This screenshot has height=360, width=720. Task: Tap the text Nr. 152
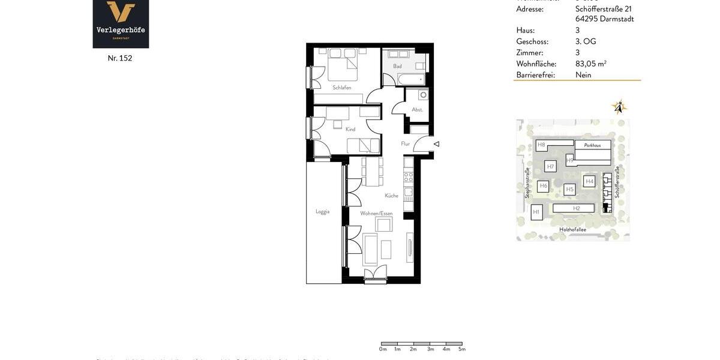120,58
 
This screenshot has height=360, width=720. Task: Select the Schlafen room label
342,88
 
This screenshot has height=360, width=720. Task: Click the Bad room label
397,67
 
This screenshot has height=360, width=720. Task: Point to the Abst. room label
417,110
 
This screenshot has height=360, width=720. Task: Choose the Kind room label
350,130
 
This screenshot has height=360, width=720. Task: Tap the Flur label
406,144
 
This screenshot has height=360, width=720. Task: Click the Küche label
391,196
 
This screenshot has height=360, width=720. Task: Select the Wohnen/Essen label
376,214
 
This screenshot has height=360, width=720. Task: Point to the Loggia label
323,211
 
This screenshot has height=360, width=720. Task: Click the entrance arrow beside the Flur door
436,144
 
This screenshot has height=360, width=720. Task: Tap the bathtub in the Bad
411,79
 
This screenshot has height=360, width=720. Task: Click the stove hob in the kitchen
409,177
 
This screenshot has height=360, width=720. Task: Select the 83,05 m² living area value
591,64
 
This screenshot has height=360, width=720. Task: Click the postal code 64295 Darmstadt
604,19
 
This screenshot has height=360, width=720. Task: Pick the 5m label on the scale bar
462,349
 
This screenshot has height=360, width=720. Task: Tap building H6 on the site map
543,186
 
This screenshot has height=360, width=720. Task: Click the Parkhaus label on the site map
592,145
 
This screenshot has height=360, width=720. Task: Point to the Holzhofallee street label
572,229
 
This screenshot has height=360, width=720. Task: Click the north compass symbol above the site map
619,107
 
